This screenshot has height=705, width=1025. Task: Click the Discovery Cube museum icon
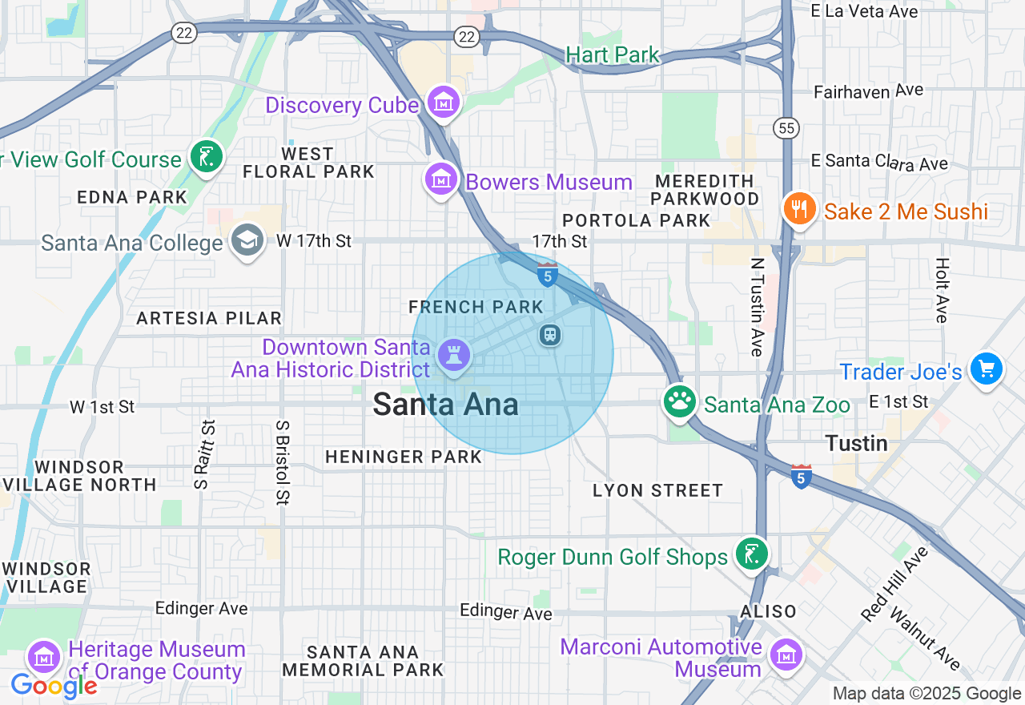(x=443, y=103)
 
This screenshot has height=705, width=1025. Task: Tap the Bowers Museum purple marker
(x=440, y=179)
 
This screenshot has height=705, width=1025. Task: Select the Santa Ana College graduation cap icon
(x=247, y=240)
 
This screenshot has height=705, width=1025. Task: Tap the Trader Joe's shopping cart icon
(x=986, y=369)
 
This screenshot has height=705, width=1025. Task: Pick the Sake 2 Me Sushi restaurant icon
(x=799, y=209)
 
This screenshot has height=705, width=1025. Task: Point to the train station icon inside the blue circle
(x=549, y=334)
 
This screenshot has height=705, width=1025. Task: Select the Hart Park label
(x=612, y=54)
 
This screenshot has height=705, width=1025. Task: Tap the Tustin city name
(x=856, y=443)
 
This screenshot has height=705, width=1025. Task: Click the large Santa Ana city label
(x=445, y=405)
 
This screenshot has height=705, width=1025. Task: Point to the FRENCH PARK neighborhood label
(x=476, y=307)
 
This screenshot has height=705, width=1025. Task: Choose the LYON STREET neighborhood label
(x=657, y=490)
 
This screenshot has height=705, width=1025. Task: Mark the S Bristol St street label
(x=282, y=462)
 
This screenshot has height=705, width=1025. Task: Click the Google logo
(x=54, y=686)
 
